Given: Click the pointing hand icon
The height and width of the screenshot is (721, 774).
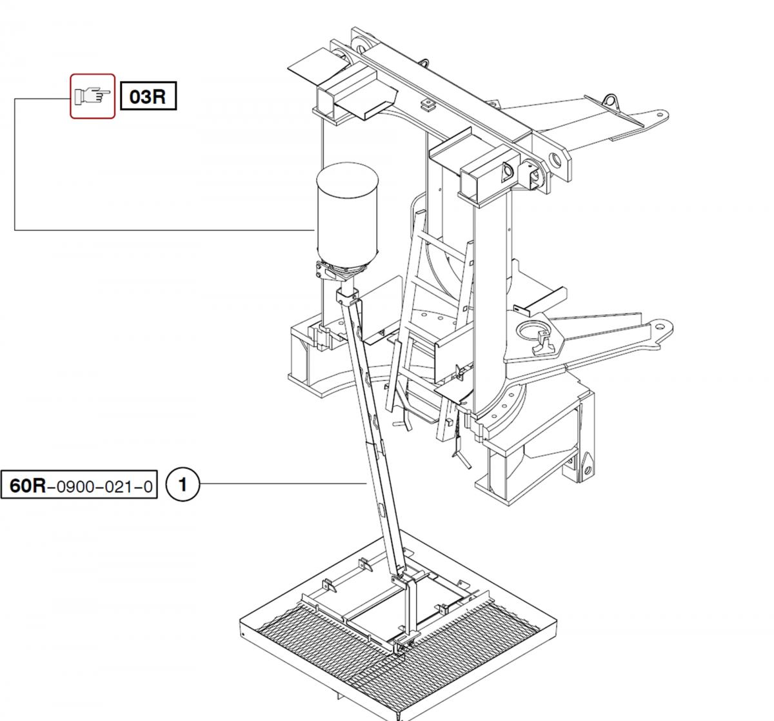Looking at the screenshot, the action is (x=92, y=96).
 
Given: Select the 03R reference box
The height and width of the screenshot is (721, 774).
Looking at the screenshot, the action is (x=148, y=96).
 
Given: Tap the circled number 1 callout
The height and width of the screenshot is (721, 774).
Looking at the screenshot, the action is (x=183, y=484).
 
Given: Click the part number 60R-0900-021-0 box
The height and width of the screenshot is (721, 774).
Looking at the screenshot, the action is (x=79, y=484).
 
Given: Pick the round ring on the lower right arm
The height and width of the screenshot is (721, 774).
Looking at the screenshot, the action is (x=533, y=332).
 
